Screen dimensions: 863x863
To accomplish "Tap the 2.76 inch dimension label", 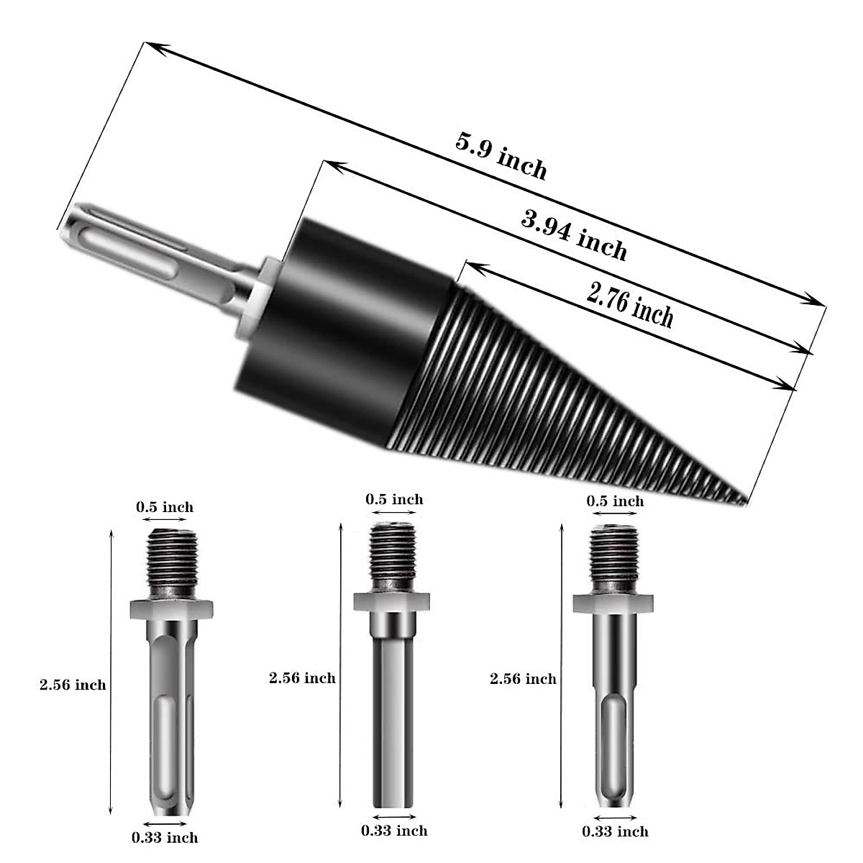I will [630, 306].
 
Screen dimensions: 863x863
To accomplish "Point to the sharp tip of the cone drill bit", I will [744, 501].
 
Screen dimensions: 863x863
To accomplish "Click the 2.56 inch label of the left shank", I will [73, 685].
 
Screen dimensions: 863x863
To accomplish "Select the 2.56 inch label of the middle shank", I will [302, 677].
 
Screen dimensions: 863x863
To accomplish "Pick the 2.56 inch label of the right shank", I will [523, 678].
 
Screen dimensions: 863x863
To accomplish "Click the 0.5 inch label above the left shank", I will [165, 507].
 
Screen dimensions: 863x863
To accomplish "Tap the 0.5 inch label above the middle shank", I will [394, 499].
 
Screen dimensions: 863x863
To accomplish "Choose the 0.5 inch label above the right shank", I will [615, 501].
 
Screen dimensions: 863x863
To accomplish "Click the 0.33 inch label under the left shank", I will [165, 837].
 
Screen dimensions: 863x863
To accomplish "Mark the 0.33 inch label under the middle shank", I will [394, 831].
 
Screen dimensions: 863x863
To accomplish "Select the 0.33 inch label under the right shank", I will [615, 831].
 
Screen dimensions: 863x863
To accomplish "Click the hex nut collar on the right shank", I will [613, 603].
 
